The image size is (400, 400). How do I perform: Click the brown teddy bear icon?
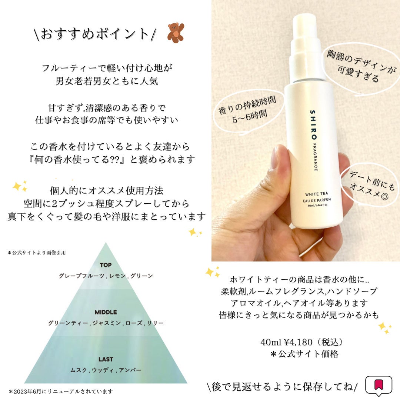point(176,32)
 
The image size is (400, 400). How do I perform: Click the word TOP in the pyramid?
point(106,265)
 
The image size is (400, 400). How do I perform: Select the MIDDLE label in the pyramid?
point(106,312)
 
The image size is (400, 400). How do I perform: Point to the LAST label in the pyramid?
point(106,359)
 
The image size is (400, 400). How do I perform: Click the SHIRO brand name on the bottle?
point(313,124)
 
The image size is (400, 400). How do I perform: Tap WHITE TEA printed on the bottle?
point(317,194)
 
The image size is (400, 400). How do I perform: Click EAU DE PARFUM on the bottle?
point(317,200)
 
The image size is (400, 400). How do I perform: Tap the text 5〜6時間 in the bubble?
point(250,116)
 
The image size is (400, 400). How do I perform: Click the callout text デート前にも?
point(372,181)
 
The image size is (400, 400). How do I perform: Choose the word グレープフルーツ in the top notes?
point(81,276)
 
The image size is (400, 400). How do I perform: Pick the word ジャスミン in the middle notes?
point(106,323)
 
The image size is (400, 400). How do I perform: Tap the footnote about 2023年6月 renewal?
point(61,391)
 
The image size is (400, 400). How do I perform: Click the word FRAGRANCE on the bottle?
point(315,157)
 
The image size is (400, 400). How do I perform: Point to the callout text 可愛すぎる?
point(358,73)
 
